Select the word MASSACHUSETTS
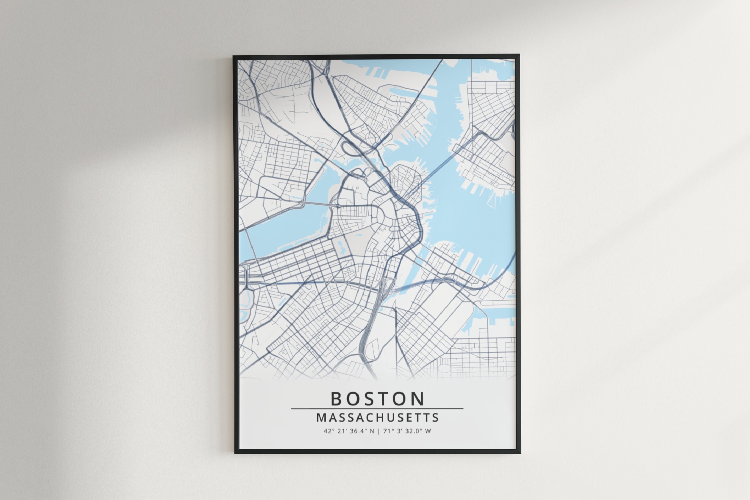pos(377,418)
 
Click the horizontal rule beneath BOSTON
pos(377,408)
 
